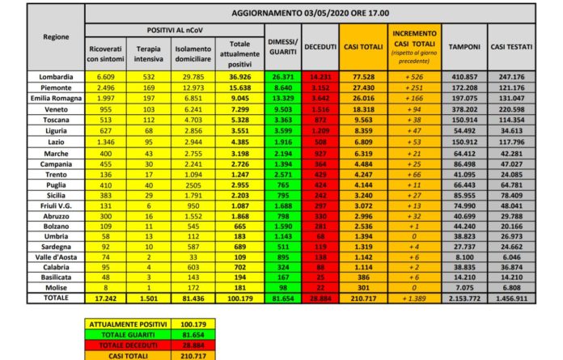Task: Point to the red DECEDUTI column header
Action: [x=320, y=47]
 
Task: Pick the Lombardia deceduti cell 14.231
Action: [x=320, y=76]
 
